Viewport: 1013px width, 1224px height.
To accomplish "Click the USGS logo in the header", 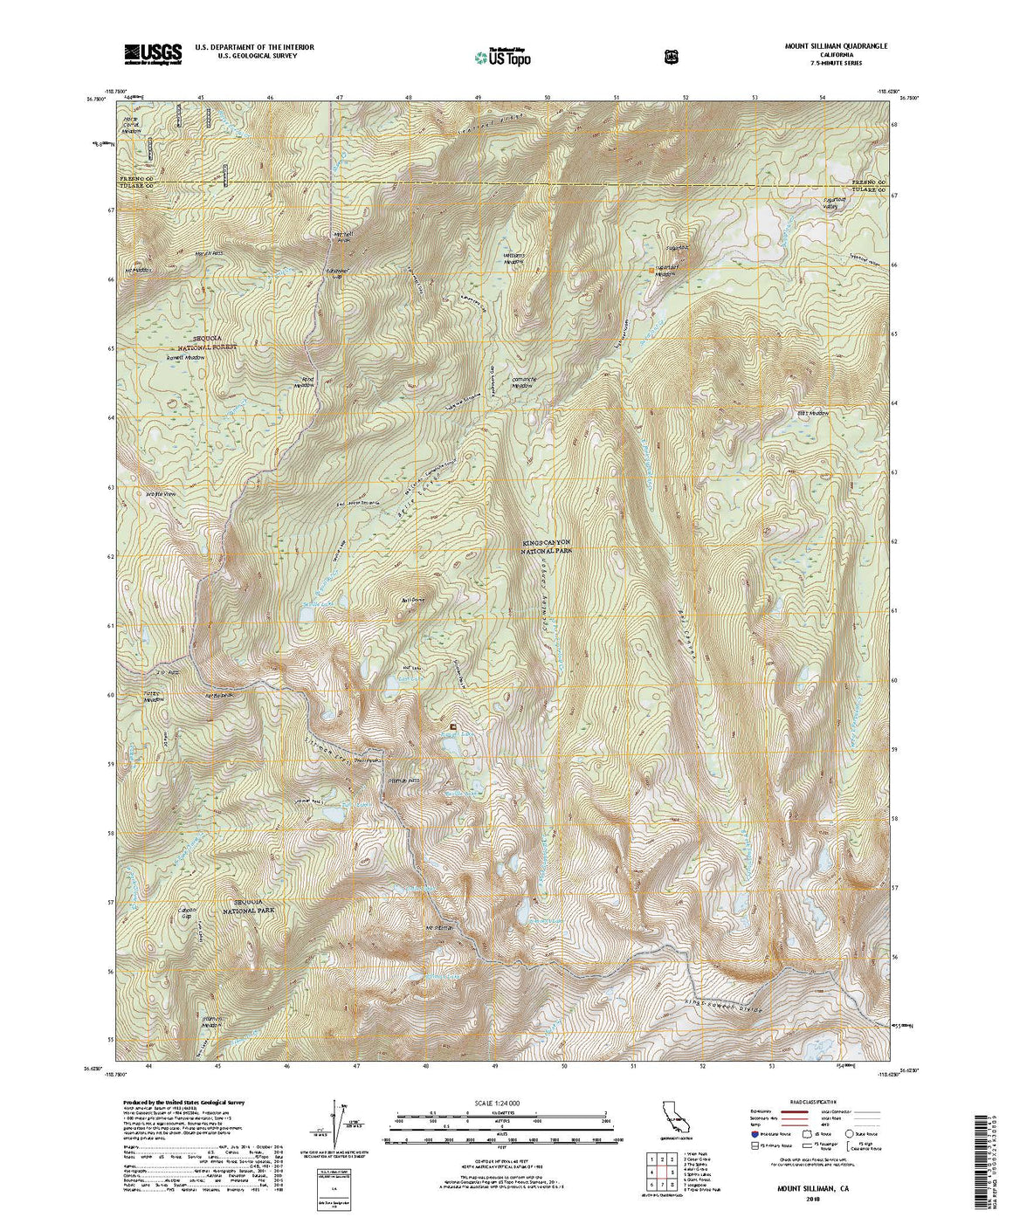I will point(153,54).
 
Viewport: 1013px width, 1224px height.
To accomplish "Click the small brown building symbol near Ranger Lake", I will point(452,726).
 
